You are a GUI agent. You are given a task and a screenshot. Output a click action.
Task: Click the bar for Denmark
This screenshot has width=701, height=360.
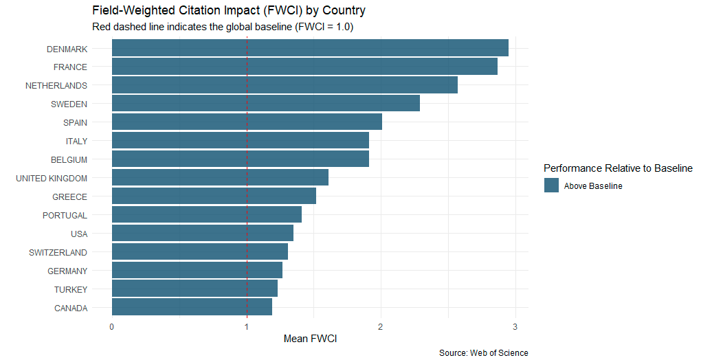tap(309, 48)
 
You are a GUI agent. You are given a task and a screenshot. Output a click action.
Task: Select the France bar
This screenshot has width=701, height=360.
tap(304, 67)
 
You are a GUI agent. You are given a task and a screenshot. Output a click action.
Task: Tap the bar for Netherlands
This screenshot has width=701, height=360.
tap(284, 85)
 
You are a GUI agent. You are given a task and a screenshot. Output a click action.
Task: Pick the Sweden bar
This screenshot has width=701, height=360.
tap(265, 104)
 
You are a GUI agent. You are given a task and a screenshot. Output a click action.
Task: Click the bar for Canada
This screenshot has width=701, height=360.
tap(191, 307)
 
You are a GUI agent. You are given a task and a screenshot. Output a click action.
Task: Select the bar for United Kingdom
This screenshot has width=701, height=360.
tap(219, 178)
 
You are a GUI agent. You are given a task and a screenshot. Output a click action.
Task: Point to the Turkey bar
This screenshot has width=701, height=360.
tap(194, 289)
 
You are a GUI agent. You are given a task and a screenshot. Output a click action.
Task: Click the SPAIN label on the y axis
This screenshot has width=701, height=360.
tap(75, 123)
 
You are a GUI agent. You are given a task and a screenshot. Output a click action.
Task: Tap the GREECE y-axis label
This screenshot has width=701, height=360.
tap(69, 197)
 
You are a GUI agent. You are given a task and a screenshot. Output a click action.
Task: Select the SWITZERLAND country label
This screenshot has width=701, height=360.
tap(58, 253)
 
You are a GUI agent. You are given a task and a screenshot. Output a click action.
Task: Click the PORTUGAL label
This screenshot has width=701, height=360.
tap(65, 216)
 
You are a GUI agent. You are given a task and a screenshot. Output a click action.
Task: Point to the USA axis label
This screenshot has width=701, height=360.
tap(78, 234)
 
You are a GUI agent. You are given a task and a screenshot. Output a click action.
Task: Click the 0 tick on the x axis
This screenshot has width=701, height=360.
tap(111, 326)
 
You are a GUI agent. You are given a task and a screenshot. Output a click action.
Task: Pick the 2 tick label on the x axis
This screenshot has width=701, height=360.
tap(381, 326)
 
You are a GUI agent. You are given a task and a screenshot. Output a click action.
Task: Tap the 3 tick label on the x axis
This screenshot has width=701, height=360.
tap(515, 326)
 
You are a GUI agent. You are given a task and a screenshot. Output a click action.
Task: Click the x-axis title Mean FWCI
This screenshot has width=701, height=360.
tap(310, 339)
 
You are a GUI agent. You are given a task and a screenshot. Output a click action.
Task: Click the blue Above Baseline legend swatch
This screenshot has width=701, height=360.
tap(551, 185)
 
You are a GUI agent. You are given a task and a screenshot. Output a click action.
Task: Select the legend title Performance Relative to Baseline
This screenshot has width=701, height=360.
tap(617, 168)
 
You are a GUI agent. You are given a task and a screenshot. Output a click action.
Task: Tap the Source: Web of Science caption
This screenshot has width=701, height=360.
tap(483, 353)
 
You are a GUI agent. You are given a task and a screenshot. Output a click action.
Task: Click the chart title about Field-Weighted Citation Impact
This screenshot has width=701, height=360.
tap(228, 11)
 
